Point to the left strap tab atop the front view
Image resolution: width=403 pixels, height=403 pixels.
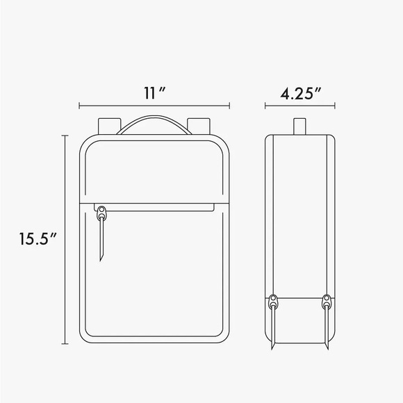108,125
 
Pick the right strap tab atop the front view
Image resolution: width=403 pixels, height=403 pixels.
199,125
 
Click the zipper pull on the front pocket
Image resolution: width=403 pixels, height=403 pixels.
102,211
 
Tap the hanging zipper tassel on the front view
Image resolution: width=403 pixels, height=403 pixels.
103,240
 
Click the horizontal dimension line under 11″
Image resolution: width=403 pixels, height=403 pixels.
154,106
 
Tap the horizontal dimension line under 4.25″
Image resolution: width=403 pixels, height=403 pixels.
302,106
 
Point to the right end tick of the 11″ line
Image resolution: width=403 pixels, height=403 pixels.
229,106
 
